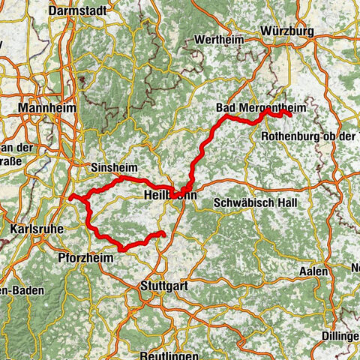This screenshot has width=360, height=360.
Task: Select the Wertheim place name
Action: [x=218, y=39]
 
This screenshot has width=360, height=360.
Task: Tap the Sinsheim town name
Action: [x=112, y=168]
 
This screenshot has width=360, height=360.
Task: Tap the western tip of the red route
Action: [x=70, y=197]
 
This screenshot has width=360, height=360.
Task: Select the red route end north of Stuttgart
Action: [x=161, y=235]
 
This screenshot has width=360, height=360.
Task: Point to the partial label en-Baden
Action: [x=20, y=290]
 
